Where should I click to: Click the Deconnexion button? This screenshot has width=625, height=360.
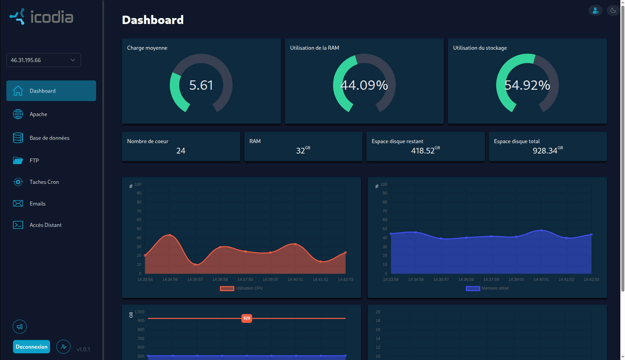click(x=31, y=347)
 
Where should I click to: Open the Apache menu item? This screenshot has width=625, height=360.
click(x=38, y=114)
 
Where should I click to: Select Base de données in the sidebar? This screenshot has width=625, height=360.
click(x=49, y=138)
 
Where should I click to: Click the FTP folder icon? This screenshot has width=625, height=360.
click(x=18, y=160)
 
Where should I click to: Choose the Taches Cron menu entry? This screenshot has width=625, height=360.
click(x=44, y=182)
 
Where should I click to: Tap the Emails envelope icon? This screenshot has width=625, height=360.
click(x=18, y=204)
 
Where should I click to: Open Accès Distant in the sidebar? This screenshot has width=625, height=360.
click(x=45, y=225)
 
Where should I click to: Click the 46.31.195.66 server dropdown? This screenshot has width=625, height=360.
click(x=44, y=60)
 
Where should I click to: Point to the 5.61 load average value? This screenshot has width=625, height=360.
click(x=201, y=85)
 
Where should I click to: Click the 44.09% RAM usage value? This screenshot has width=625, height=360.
click(x=364, y=85)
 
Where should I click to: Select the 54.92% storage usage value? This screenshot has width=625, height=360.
click(x=527, y=85)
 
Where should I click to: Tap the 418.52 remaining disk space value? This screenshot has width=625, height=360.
click(x=423, y=151)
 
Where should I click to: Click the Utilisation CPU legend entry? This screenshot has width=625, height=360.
click(x=241, y=288)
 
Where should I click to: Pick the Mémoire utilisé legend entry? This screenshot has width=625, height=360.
click(x=487, y=288)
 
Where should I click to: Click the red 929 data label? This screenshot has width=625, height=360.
click(x=247, y=318)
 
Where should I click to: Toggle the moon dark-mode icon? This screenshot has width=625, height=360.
click(x=613, y=11)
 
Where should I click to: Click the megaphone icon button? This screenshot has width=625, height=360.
click(x=20, y=327)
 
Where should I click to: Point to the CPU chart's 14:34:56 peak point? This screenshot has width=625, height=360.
click(x=170, y=235)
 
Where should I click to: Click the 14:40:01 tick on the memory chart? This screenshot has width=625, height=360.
click(x=541, y=280)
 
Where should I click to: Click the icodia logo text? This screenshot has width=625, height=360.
click(x=52, y=17)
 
